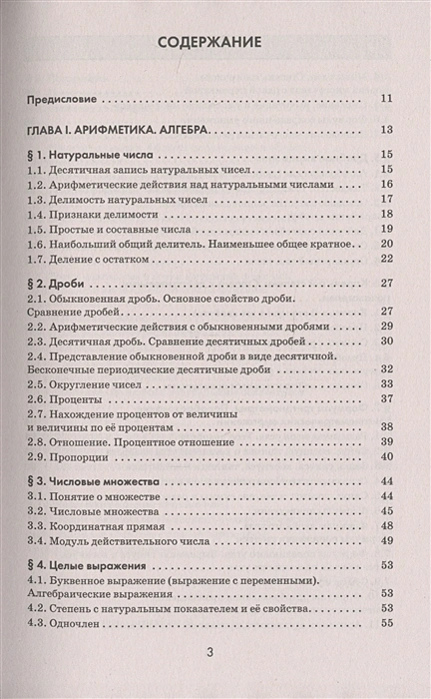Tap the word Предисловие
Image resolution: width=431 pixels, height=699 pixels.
(65, 99)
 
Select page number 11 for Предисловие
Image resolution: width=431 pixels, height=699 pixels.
(388, 99)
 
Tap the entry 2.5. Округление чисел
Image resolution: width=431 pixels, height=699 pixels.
(94, 382)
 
